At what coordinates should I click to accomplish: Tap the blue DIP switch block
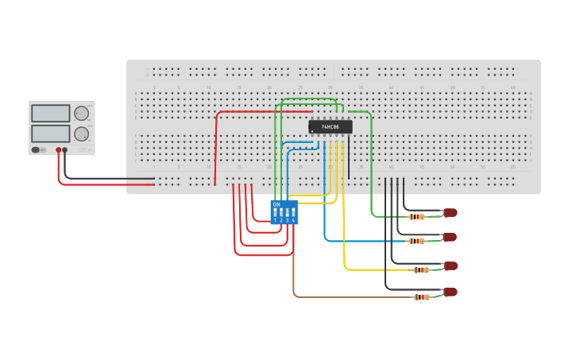coord(284,212)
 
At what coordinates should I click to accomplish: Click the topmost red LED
coord(450,212)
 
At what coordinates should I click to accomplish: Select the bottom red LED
coord(450,292)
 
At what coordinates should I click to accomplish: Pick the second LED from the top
coord(450,237)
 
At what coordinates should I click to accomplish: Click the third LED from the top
coord(450,265)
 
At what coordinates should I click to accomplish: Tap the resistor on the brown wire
coord(421,297)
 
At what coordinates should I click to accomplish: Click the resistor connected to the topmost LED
coord(416,216)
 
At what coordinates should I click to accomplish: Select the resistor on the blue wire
coord(416,241)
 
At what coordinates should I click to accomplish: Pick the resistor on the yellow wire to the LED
coord(421,270)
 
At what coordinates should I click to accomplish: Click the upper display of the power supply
coord(51,114)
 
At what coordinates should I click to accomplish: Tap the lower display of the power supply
coord(51,134)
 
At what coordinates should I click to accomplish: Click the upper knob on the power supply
coord(81,114)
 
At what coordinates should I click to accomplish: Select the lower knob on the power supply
coord(81,134)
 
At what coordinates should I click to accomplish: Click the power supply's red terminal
coord(58,149)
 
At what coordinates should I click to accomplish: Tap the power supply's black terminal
coord(65,149)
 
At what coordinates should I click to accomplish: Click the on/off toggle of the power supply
coord(37,149)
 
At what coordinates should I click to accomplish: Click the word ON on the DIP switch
coord(276,204)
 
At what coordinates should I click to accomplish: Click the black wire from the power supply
coord(103,178)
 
